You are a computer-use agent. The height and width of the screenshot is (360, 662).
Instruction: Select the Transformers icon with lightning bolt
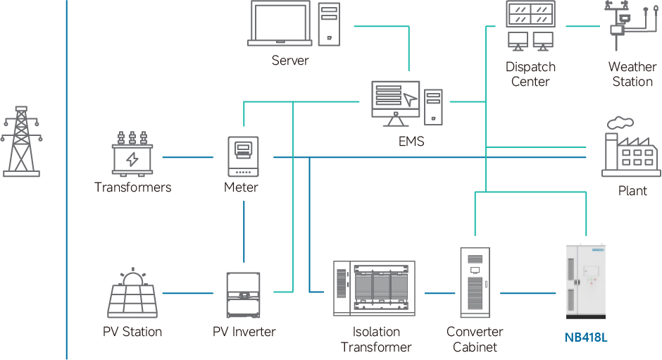(132, 155)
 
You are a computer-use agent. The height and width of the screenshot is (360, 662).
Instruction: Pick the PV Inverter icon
(244, 294)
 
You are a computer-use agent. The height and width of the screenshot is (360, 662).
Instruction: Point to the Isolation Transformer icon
(376, 288)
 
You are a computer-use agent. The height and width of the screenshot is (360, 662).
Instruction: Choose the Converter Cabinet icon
(474, 281)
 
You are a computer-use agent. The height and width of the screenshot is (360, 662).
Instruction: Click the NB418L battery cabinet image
(586, 281)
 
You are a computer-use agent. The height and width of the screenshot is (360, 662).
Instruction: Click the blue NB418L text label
(586, 337)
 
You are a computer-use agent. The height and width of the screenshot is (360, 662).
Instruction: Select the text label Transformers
(132, 187)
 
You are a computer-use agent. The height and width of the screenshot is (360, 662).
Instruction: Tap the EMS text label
(411, 142)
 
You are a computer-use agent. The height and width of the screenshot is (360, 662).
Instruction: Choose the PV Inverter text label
(244, 332)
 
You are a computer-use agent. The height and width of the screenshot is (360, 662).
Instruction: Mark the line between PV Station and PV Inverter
(187, 292)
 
